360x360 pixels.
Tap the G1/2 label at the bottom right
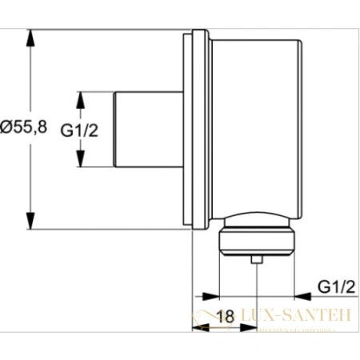pos(336,286)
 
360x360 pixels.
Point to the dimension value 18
pos(226,316)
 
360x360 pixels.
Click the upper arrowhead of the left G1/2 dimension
pos(80,98)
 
